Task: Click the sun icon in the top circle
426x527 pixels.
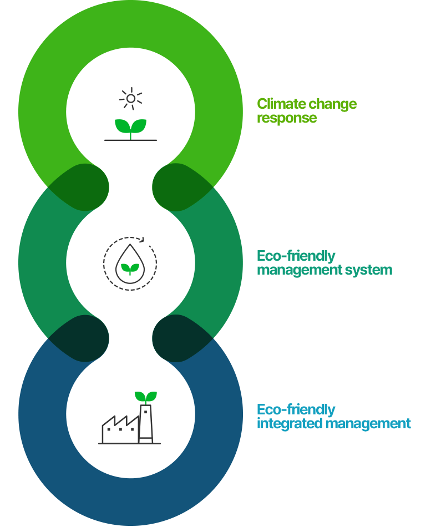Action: click(131, 99)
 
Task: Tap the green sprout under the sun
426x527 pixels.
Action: click(131, 127)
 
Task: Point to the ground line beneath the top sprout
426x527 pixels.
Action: click(131, 140)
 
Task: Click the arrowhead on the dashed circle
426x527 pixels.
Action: click(144, 240)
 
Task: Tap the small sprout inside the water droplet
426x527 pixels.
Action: click(130, 268)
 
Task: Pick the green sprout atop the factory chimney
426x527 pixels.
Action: click(146, 397)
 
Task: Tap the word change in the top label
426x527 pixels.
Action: click(332, 104)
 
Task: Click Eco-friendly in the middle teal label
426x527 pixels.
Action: click(296, 256)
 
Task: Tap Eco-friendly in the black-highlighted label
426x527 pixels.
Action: click(296, 410)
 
